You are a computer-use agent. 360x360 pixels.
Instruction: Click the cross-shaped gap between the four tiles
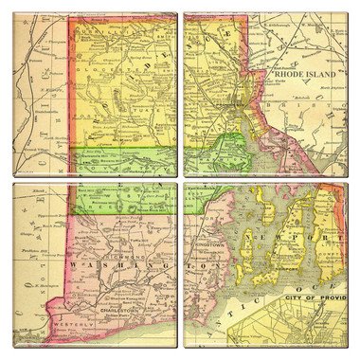pos(179,180)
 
